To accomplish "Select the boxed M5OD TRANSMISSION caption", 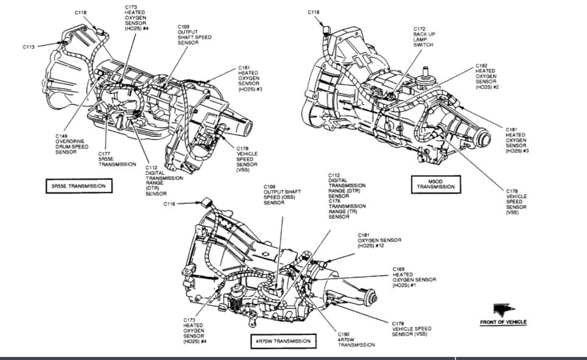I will (x=435, y=184).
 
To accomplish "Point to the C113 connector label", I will (x=29, y=46).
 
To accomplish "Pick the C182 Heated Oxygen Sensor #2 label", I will (x=487, y=76).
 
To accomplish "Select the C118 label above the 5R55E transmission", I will (x=81, y=12).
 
